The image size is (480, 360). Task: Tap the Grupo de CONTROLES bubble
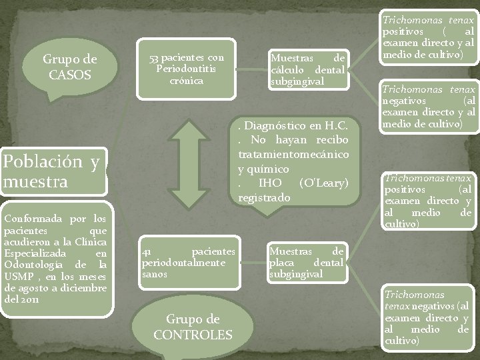(193, 326)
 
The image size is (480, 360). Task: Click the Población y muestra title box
(51, 171)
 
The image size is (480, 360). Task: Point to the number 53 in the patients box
(153, 58)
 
